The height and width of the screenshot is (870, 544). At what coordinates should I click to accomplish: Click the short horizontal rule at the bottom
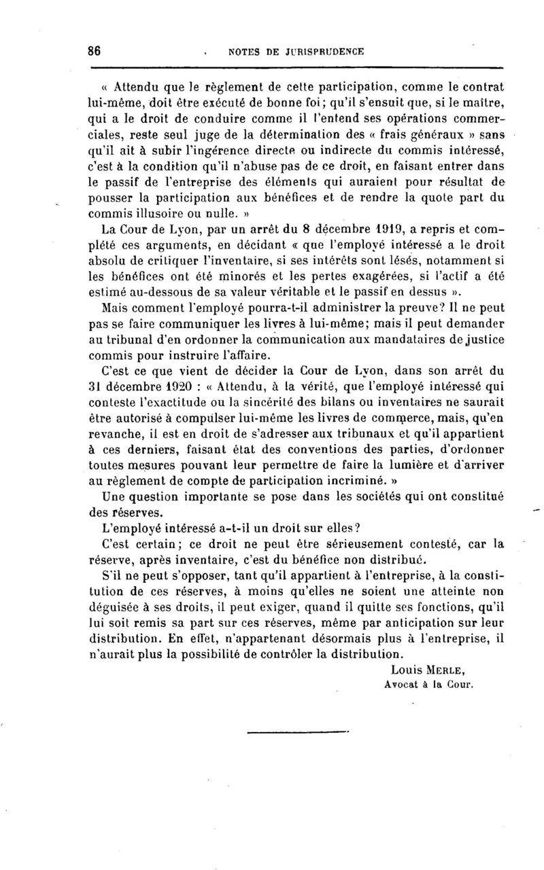point(297,732)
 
